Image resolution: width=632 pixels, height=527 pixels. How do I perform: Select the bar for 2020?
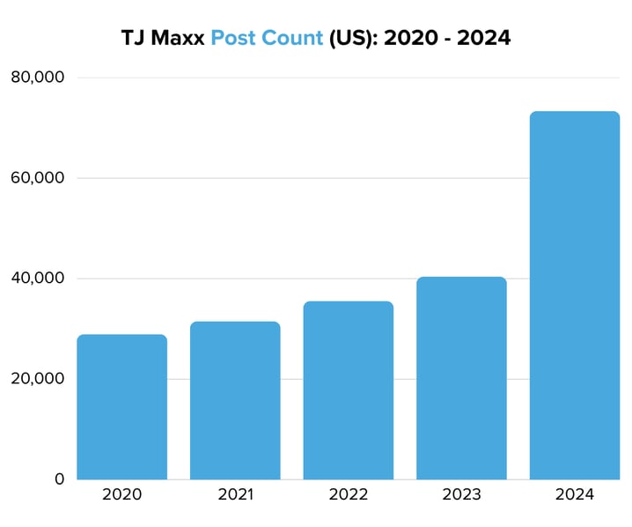pyautogui.click(x=121, y=407)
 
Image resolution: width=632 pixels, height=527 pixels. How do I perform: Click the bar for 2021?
pyautogui.click(x=235, y=401)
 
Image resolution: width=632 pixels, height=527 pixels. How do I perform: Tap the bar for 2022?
pyautogui.click(x=349, y=390)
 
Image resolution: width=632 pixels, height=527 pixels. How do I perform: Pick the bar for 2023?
pyautogui.click(x=461, y=379)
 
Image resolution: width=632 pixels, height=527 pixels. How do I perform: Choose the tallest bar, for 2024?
pyautogui.click(x=575, y=296)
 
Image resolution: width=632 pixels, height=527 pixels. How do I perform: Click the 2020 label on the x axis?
pyautogui.click(x=121, y=494)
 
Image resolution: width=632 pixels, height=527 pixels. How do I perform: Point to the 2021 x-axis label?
pyautogui.click(x=235, y=494)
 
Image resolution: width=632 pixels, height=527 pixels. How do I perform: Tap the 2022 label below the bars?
pyautogui.click(x=349, y=494)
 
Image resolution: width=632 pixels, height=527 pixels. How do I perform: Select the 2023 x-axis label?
pyautogui.click(x=461, y=494)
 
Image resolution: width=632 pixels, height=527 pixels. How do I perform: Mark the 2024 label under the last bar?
pyautogui.click(x=575, y=494)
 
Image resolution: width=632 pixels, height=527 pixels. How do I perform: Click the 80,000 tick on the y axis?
pyautogui.click(x=37, y=78)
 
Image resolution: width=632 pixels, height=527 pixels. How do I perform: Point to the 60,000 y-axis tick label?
pyautogui.click(x=37, y=178)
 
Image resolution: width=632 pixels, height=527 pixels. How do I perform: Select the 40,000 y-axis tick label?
pyautogui.click(x=37, y=278)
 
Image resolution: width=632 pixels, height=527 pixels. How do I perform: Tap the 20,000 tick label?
pyautogui.click(x=37, y=379)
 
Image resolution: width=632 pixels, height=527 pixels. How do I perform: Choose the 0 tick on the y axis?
pyautogui.click(x=59, y=479)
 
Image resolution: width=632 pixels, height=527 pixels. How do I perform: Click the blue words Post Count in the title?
pyautogui.click(x=267, y=40)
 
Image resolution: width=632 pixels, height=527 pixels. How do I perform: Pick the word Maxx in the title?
pyautogui.click(x=179, y=40)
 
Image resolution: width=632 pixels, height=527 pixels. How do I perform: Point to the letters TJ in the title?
pyautogui.click(x=134, y=40)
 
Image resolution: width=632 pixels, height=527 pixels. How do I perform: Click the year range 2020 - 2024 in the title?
pyautogui.click(x=447, y=40)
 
